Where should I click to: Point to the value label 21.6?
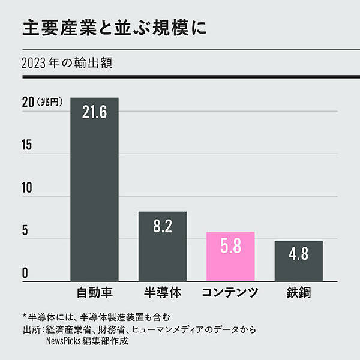click(x=95, y=113)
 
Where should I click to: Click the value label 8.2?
click(x=163, y=226)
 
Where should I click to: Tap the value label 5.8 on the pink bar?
click(x=230, y=247)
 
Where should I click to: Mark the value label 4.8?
click(x=298, y=254)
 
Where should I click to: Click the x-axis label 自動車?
click(x=95, y=293)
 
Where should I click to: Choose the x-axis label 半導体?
click(x=163, y=293)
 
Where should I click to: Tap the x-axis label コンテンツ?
click(x=230, y=293)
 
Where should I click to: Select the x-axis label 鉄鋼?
click(x=298, y=293)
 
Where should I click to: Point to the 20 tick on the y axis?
click(x=28, y=103)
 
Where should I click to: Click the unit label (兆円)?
click(x=49, y=103)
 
